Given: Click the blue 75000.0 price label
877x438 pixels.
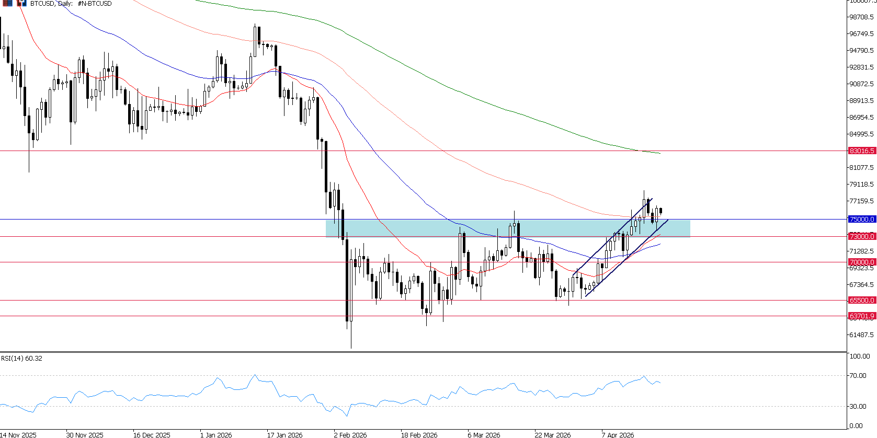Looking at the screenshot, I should click(861, 220).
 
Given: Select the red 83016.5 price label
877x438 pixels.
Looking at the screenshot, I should click(861, 151).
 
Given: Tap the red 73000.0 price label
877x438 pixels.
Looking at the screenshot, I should click(861, 237).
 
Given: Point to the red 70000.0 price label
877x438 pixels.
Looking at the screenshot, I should click(861, 262).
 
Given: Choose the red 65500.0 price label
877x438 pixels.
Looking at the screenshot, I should click(861, 301).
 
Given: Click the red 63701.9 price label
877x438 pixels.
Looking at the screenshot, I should click(861, 316).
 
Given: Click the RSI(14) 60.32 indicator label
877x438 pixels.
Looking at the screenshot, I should click(21, 359).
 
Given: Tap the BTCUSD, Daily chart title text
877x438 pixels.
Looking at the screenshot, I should click(71, 4).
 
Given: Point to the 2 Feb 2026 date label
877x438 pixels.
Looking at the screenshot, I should click(350, 435).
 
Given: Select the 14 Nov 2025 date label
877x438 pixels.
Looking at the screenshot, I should click(18, 435).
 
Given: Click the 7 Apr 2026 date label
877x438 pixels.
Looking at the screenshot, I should click(617, 435).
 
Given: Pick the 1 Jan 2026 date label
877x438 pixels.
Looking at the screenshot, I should click(216, 435).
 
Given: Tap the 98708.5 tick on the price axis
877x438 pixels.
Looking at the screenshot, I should click(861, 17).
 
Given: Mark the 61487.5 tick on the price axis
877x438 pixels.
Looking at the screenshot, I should click(861, 335).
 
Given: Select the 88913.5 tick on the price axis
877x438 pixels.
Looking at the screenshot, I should click(861, 101).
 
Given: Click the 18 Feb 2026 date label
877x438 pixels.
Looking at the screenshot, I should click(419, 435).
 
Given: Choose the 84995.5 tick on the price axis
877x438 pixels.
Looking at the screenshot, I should click(861, 134).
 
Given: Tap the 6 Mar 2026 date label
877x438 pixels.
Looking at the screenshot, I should click(484, 435).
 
